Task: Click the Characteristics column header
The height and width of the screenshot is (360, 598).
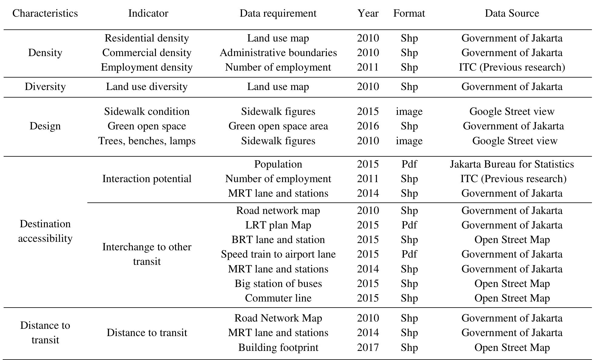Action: (x=45, y=13)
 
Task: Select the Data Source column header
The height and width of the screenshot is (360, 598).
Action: (x=512, y=13)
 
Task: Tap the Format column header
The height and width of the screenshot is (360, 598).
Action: (x=409, y=13)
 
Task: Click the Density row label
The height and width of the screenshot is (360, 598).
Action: (x=45, y=53)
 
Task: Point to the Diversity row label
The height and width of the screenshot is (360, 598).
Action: (x=45, y=87)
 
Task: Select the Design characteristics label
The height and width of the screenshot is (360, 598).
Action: (x=45, y=126)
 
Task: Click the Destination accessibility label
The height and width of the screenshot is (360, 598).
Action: (x=45, y=231)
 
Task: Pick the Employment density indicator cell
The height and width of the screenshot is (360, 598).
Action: (x=147, y=67)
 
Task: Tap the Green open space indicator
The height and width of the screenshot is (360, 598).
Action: (x=147, y=126)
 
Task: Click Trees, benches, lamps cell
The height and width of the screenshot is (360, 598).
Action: (x=147, y=141)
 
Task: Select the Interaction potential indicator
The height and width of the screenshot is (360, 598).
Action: (x=147, y=179)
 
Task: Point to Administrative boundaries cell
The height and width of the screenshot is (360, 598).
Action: (x=278, y=53)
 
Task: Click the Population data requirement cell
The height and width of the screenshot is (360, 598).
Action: (x=278, y=164)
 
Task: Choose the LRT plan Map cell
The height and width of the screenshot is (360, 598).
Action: (x=278, y=225)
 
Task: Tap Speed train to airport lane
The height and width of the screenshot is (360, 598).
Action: (x=278, y=254)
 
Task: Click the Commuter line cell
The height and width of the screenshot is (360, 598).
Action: (x=278, y=298)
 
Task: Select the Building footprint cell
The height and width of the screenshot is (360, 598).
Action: (x=278, y=348)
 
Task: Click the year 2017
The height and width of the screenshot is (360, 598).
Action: (x=368, y=348)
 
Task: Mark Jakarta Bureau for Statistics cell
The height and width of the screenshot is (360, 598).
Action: (x=512, y=164)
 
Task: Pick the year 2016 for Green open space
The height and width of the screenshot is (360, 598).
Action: (x=368, y=126)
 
